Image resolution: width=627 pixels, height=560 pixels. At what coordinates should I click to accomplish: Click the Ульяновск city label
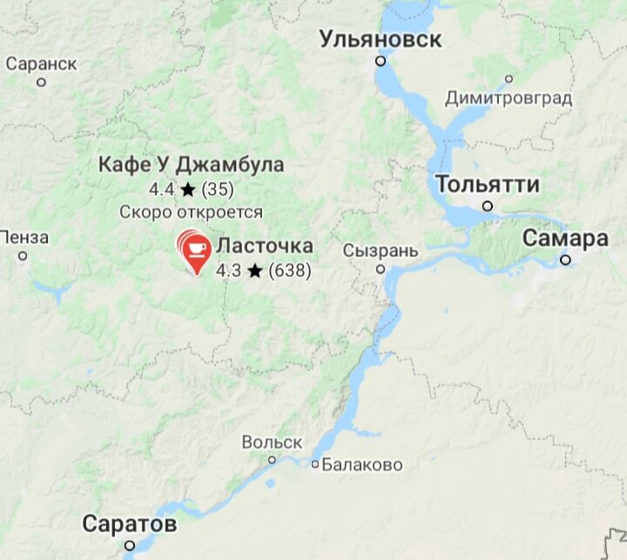pyautogui.click(x=380, y=39)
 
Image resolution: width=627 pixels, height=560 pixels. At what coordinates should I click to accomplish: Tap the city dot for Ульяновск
pyautogui.click(x=381, y=61)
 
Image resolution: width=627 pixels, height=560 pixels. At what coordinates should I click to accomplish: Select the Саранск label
pyautogui.click(x=41, y=64)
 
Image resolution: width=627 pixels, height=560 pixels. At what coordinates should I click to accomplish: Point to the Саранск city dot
pyautogui.click(x=41, y=83)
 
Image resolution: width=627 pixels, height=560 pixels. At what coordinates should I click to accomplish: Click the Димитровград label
pyautogui.click(x=509, y=98)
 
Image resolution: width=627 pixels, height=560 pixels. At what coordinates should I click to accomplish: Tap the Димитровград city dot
pyautogui.click(x=509, y=79)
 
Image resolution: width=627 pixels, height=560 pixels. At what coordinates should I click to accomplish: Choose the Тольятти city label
pyautogui.click(x=488, y=185)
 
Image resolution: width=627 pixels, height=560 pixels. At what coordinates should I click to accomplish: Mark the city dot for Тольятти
pyautogui.click(x=488, y=206)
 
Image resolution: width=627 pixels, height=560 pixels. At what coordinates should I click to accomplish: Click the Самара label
pyautogui.click(x=565, y=239)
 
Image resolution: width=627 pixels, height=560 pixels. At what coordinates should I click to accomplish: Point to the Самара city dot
pyautogui.click(x=566, y=260)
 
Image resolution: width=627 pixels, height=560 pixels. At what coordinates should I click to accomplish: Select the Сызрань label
pyautogui.click(x=381, y=251)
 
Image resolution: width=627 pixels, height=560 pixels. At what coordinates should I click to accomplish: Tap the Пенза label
pyautogui.click(x=24, y=237)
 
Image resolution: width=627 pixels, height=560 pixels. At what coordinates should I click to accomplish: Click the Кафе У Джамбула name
pyautogui.click(x=191, y=165)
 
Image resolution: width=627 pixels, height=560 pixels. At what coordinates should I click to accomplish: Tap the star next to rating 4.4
pyautogui.click(x=188, y=189)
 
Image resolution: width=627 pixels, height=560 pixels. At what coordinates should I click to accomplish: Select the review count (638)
pyautogui.click(x=289, y=271)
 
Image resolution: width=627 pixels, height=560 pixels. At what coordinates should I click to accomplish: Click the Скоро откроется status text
pyautogui.click(x=191, y=212)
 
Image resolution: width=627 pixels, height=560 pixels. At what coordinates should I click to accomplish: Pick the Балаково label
pyautogui.click(x=362, y=465)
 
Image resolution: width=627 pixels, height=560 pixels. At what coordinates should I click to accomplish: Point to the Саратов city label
pyautogui.click(x=130, y=524)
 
